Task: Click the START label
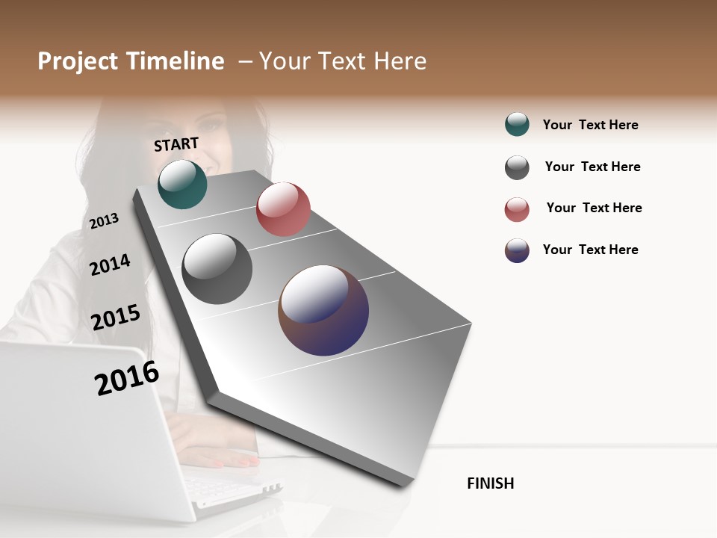[176, 144]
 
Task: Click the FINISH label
[490, 483]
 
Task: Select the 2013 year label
[104, 221]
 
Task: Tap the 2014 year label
[110, 265]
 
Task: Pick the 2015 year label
[116, 318]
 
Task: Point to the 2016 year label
[127, 378]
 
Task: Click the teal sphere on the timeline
[182, 184]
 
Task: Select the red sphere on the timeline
[283, 209]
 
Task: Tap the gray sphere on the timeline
[217, 269]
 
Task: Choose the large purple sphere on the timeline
[323, 310]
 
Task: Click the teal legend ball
[517, 124]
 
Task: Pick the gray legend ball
[517, 167]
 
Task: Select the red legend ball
[517, 209]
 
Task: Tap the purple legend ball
[517, 250]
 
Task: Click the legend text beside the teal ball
[590, 125]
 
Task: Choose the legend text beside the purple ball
[590, 250]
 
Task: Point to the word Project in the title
[78, 61]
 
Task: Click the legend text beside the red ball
[594, 208]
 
